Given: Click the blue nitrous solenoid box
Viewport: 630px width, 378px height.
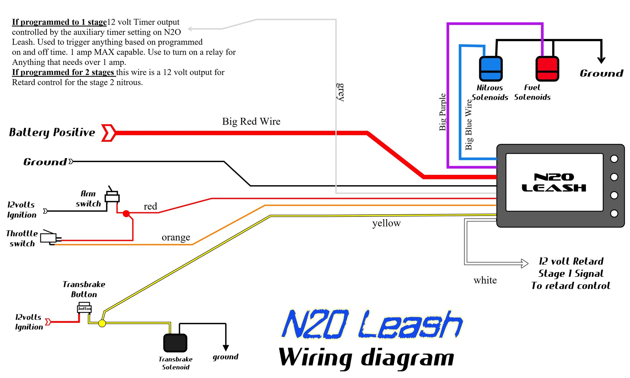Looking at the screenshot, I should pos(491,69).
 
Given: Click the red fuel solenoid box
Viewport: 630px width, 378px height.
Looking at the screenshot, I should pos(547,69).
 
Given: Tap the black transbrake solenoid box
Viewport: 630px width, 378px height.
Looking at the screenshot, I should pos(175,343).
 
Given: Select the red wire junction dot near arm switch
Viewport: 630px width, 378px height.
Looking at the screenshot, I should pos(126,213).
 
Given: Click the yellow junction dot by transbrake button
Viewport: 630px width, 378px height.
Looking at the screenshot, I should pos(102,323).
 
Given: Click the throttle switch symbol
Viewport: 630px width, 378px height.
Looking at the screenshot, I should pos(49,237).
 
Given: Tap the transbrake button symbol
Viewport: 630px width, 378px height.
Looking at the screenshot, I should pos(84,308).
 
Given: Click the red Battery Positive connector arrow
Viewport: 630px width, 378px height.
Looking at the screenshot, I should pos(109,133).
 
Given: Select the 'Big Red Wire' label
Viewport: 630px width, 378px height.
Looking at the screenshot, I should pos(251,121).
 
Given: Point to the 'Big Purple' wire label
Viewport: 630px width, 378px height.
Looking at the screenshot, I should pos(442,112).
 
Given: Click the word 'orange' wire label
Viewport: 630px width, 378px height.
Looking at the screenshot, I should pos(176,237).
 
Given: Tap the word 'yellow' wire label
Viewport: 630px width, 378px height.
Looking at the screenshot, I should pos(386,223).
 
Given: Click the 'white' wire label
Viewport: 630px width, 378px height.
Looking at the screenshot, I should pos(485,280).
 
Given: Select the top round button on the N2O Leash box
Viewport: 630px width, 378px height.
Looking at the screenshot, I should pos(614,159).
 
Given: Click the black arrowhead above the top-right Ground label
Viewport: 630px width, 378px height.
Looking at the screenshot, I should pos(601,60).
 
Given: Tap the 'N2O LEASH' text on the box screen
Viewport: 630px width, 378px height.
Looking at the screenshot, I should pos(554,182).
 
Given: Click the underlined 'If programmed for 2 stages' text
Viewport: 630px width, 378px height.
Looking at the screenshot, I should pos(63,72).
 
